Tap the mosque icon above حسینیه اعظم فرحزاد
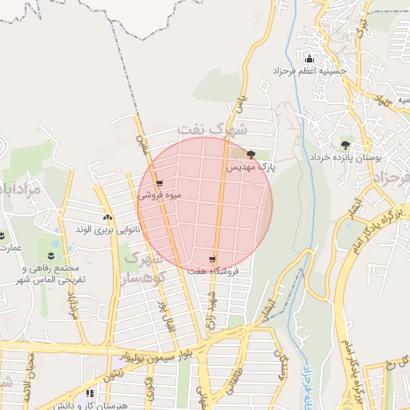310,59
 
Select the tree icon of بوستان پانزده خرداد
345,145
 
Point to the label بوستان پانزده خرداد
345,158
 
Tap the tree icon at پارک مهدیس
251,155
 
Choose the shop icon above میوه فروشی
159,183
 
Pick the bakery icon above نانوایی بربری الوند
107,217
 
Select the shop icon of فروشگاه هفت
211,259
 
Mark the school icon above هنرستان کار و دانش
90,393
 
